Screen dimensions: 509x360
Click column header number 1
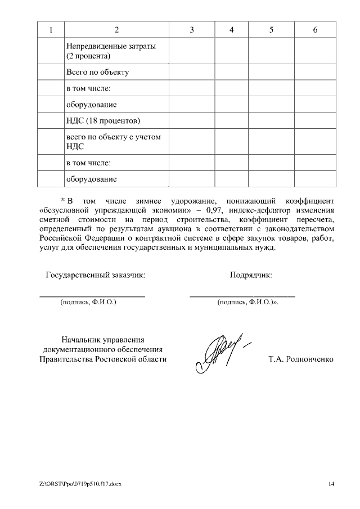[x=51, y=30]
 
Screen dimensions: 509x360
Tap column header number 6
[x=315, y=30]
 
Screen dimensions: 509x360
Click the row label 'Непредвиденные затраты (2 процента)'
[x=111, y=51]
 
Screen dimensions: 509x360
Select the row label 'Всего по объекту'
[x=98, y=73]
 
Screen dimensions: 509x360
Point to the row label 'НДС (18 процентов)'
[x=103, y=121]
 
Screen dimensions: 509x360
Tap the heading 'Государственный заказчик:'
[x=95, y=275]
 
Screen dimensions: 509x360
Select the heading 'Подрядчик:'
[x=251, y=275]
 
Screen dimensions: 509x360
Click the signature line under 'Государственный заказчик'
[x=92, y=296]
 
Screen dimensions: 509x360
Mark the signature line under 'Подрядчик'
[x=242, y=296]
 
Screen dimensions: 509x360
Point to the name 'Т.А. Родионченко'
[x=301, y=359]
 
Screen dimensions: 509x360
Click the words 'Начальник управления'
[x=103, y=339]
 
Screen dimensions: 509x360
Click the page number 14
[x=331, y=484]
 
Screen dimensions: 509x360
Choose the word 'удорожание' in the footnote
[x=186, y=200]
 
